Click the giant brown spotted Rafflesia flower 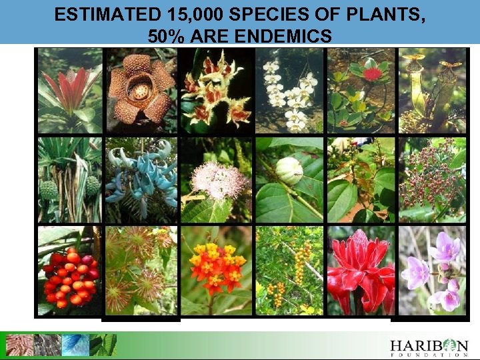140,90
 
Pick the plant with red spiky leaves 69,90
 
